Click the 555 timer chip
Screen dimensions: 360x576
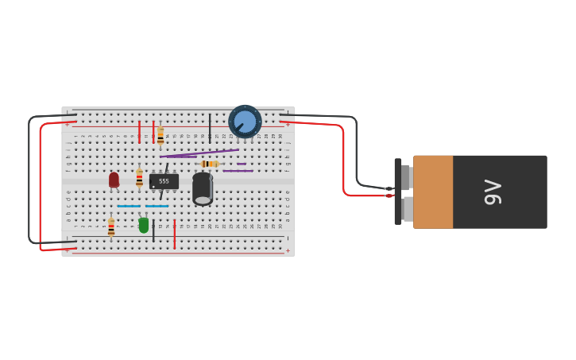164,182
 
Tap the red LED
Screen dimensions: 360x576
114,180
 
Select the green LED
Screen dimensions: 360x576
144,225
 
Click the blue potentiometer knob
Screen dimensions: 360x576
245,122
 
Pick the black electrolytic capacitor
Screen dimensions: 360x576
203,189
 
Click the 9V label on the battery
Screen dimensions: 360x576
493,192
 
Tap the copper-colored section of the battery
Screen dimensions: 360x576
433,192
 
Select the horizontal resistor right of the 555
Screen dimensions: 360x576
209,164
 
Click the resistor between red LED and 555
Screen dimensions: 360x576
139,178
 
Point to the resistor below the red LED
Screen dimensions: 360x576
111,227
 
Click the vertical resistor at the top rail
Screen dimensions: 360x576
160,136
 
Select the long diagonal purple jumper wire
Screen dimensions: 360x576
199,153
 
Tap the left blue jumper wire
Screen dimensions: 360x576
129,207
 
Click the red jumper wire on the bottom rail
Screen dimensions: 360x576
175,234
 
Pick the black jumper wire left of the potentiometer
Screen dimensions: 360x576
210,127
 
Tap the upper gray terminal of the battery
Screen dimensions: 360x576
405,176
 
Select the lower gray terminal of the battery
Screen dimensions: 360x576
408,209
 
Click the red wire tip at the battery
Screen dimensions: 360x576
389,195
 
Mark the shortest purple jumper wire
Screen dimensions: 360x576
242,164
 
